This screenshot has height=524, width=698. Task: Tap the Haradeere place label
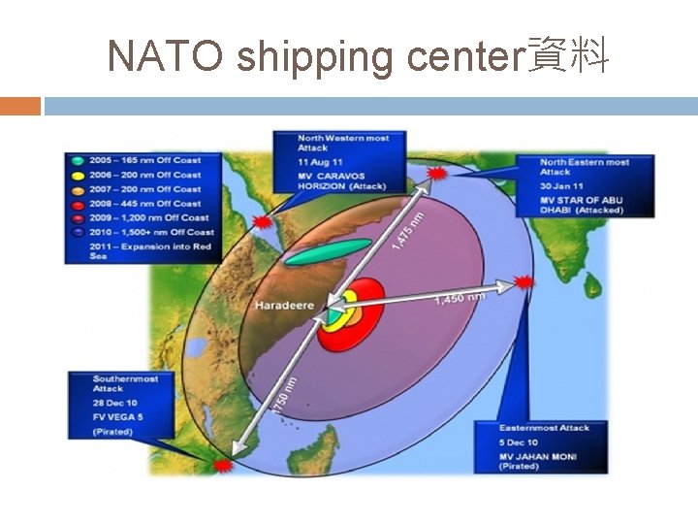click(x=284, y=306)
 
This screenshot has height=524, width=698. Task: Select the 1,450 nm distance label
click(x=460, y=299)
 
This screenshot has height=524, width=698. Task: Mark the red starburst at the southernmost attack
click(x=225, y=466)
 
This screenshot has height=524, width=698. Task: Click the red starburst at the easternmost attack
click(x=523, y=282)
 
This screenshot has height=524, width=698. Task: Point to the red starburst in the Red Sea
click(x=260, y=223)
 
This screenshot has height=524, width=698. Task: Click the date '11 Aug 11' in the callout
click(x=321, y=161)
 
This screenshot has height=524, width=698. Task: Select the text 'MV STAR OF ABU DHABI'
click(x=581, y=205)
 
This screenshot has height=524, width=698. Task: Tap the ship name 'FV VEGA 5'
click(x=118, y=416)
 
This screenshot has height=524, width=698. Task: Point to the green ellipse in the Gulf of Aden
click(x=329, y=250)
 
